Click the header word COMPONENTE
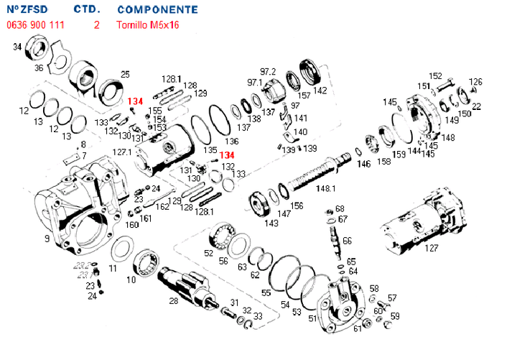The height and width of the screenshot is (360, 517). (157, 10)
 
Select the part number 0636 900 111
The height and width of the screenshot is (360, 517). (35, 24)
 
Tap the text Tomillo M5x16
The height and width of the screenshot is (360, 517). (148, 24)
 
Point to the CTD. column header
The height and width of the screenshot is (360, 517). (87, 10)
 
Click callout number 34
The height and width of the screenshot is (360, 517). (17, 47)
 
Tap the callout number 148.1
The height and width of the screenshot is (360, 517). (326, 188)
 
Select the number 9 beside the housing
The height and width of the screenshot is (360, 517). (47, 238)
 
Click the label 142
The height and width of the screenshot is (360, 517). (320, 91)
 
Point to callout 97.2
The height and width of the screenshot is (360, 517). (268, 71)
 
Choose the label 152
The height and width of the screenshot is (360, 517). (435, 75)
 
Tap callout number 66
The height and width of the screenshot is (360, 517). (347, 240)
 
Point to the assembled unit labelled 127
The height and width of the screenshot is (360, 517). (420, 226)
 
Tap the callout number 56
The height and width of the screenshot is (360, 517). (223, 260)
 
